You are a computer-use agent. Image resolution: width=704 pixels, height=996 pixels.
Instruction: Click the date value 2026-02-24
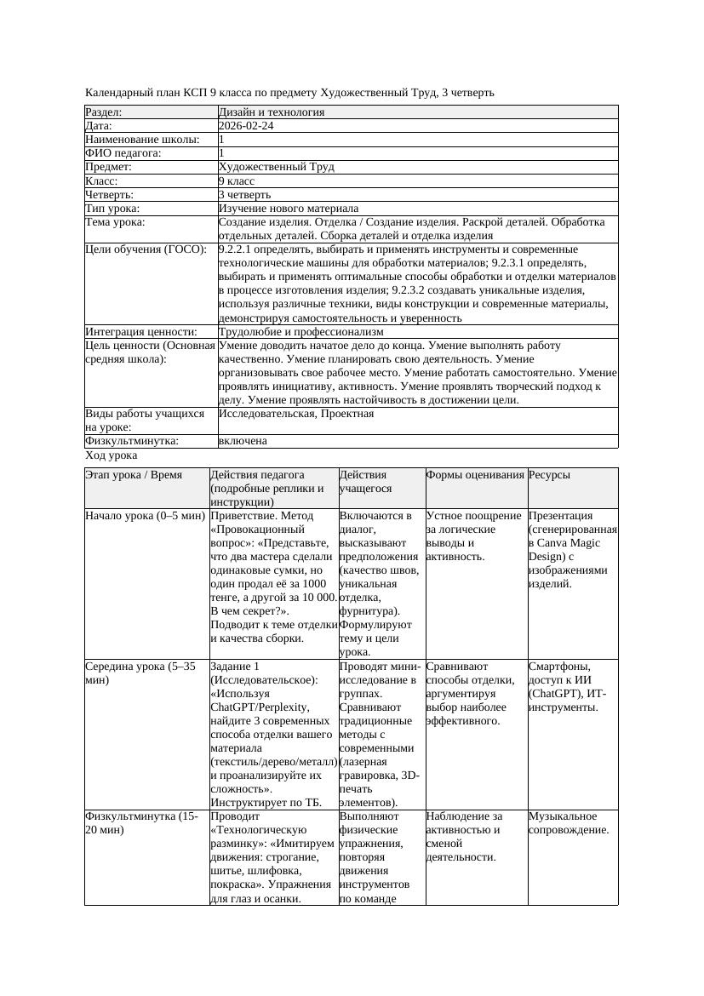[246, 125]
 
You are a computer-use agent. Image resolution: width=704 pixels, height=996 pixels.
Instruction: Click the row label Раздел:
[104, 112]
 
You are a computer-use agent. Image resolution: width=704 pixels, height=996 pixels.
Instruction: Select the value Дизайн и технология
[271, 112]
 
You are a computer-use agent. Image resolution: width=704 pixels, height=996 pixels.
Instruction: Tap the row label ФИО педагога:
[123, 153]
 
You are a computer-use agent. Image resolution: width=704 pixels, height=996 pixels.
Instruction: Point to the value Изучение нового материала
[288, 208]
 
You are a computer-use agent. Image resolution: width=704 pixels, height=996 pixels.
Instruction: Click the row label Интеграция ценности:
[141, 331]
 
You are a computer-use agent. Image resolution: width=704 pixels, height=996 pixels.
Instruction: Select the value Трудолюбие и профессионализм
[300, 331]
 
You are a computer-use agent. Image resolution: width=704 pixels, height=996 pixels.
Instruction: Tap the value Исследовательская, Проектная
[296, 413]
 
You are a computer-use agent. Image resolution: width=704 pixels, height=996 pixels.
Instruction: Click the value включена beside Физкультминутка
[243, 441]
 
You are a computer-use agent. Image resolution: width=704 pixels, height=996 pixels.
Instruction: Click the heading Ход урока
[112, 455]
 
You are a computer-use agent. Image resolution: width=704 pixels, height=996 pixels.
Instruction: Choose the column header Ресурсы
[549, 475]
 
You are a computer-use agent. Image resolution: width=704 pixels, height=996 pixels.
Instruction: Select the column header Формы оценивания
[475, 475]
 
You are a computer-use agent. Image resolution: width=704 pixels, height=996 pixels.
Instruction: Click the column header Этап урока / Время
[134, 475]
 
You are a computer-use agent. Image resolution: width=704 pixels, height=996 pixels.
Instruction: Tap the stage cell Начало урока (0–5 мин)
[146, 516]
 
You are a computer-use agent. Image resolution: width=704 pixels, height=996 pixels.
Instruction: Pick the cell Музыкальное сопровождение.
[569, 823]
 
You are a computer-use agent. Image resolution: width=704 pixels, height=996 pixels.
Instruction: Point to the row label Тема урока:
[116, 222]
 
